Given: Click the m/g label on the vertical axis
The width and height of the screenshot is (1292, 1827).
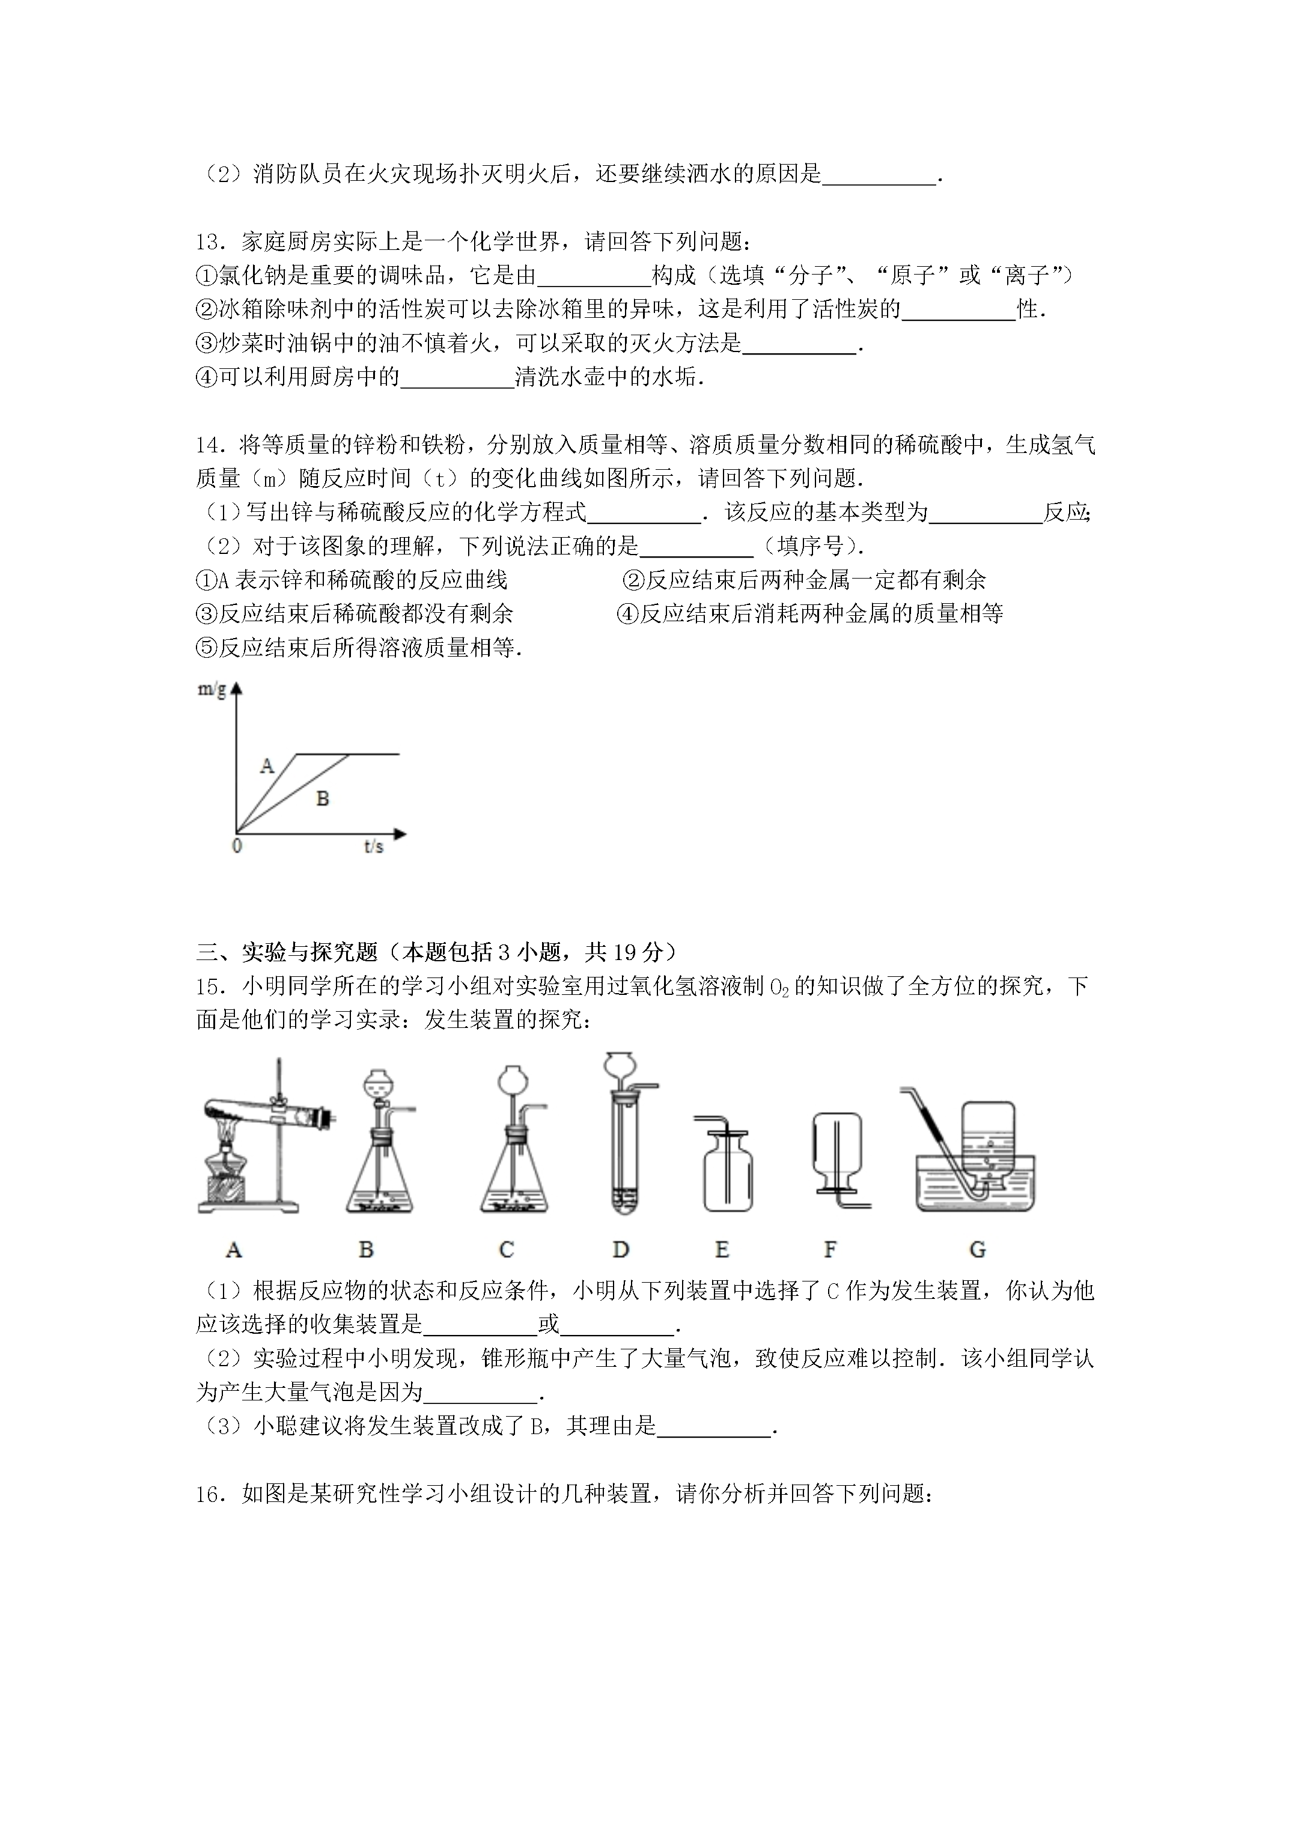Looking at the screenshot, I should point(212,689).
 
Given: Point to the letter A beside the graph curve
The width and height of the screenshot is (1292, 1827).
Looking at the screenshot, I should point(267,766).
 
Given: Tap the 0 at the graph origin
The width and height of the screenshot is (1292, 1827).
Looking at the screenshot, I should point(236,847).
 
